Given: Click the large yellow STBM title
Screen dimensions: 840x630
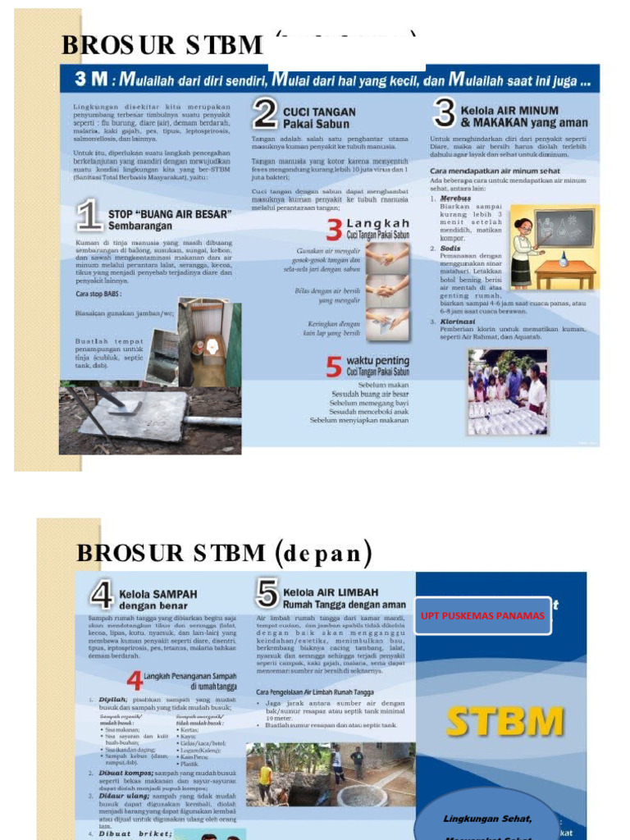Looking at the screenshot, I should tap(504, 721).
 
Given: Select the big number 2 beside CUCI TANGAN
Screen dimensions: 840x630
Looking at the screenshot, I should tap(264, 116).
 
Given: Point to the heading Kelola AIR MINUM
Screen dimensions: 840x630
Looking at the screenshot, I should tap(509, 110).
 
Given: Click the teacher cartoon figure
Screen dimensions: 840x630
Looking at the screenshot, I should tap(522, 251).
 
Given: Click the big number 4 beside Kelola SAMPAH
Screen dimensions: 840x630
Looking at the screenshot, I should tap(101, 596).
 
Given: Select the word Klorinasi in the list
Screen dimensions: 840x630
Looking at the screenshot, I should tap(459, 322).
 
